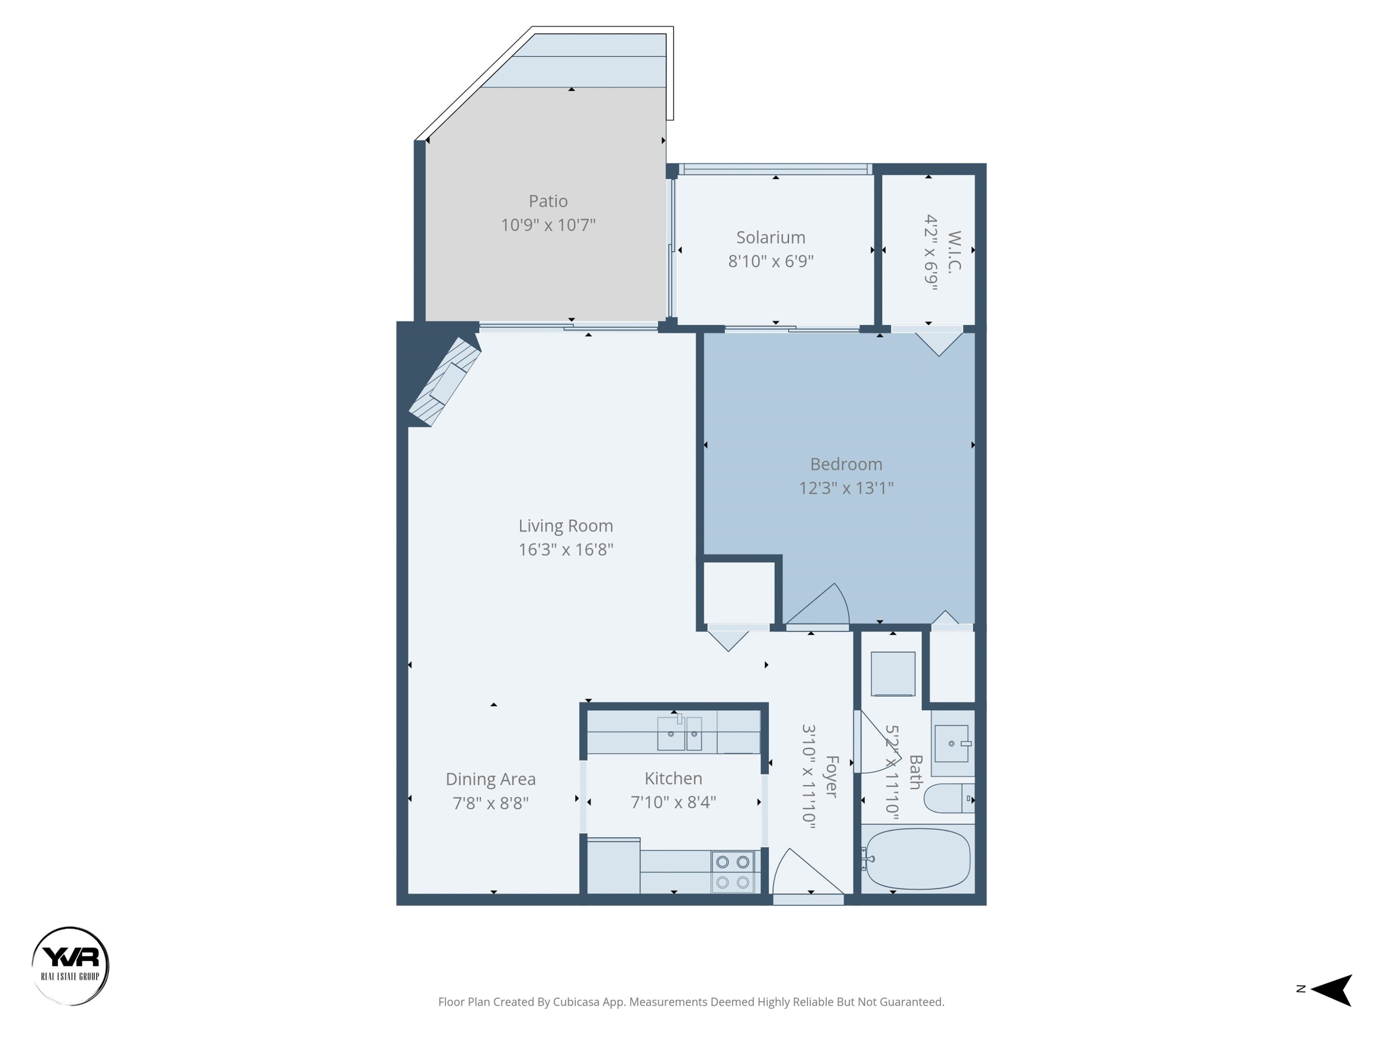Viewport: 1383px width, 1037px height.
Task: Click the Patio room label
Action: [548, 201]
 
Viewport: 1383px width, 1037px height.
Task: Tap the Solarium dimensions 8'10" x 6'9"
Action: [770, 261]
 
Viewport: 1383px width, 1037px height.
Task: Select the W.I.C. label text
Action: [953, 252]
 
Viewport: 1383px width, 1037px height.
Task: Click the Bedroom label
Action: [846, 465]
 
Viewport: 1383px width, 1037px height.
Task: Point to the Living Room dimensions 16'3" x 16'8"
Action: [565, 549]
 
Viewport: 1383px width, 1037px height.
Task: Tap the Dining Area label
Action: [490, 779]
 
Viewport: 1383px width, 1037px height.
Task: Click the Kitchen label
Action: [673, 779]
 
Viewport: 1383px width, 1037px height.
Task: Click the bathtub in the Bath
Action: [917, 859]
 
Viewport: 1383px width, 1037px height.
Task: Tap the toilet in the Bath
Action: [948, 799]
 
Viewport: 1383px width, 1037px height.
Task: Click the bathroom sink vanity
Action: [952, 744]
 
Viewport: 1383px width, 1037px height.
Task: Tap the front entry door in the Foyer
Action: [808, 875]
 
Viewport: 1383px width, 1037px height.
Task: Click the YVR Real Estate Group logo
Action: [70, 966]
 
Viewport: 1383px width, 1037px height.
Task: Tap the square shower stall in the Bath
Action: [893, 674]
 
